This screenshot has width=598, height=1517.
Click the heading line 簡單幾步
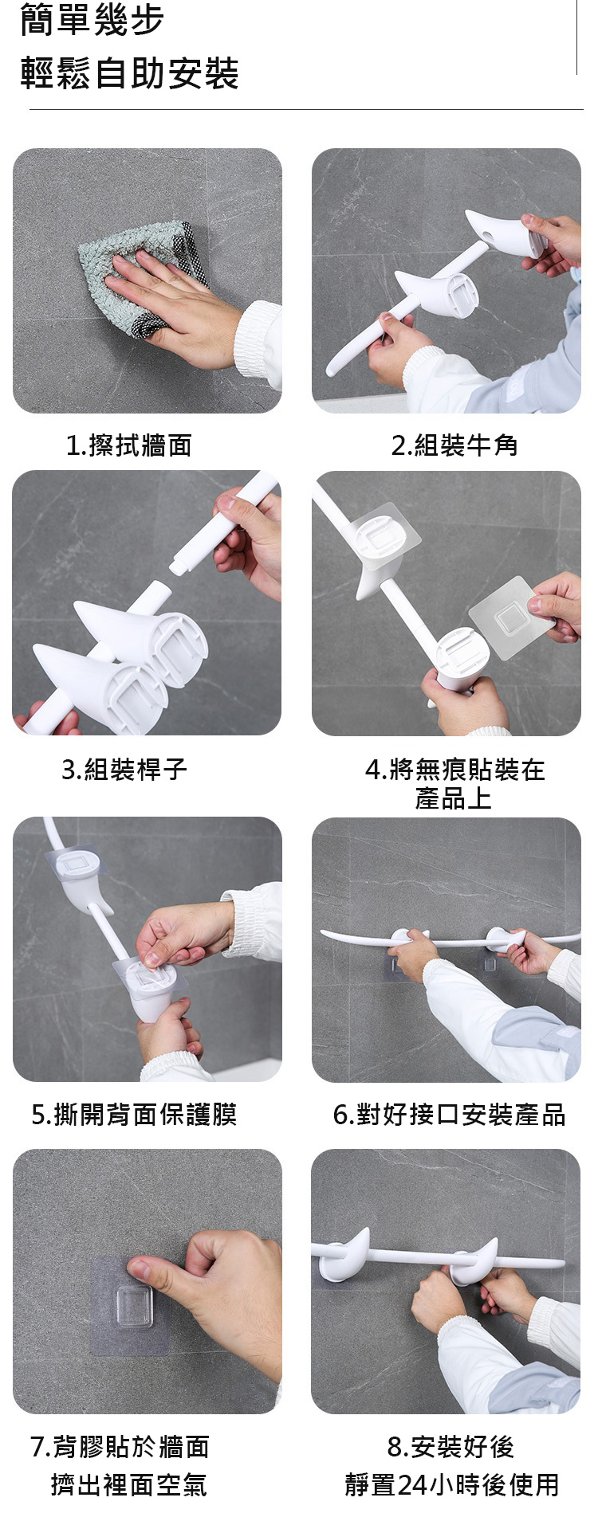click(92, 21)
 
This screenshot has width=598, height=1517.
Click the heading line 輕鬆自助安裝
click(129, 73)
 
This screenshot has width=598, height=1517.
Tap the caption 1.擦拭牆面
click(128, 445)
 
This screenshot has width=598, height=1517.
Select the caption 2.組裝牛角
click(454, 445)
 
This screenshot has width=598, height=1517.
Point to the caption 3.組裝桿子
click(124, 770)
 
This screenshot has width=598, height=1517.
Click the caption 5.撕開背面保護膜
click(134, 1115)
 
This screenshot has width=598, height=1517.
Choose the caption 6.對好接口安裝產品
click(450, 1115)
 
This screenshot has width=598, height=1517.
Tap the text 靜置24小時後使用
click(452, 1485)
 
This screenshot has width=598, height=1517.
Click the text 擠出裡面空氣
click(129, 1485)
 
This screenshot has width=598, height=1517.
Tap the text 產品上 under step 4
click(453, 798)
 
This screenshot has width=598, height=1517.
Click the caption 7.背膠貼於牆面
click(120, 1447)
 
